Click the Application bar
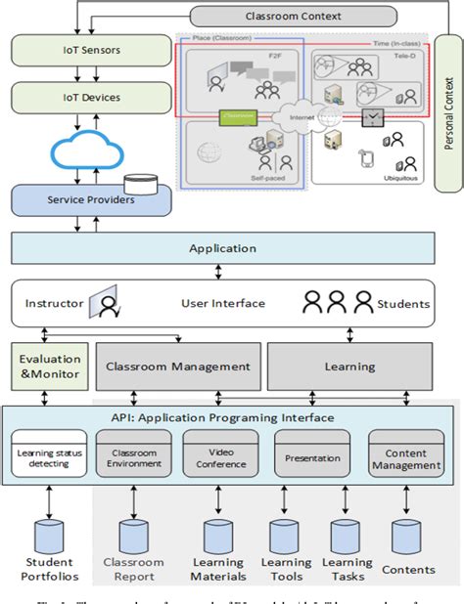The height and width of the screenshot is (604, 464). tap(222, 248)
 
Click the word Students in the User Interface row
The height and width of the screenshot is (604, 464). tap(403, 304)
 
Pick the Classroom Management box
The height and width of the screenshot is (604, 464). tap(177, 367)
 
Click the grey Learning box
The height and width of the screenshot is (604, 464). tap(349, 367)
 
